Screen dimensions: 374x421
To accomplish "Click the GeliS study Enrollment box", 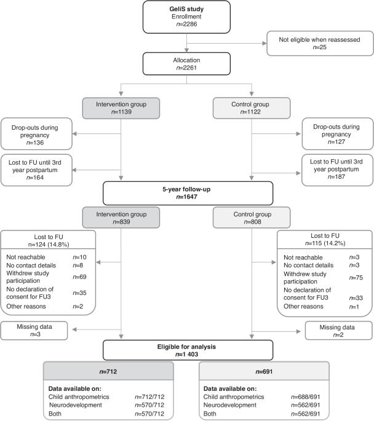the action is [x=186, y=17].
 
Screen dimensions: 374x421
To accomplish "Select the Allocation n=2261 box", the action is [x=186, y=64].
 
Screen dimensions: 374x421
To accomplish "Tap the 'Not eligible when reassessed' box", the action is [x=320, y=43].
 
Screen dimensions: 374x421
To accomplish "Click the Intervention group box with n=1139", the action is [x=121, y=108].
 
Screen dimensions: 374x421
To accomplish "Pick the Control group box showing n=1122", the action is [x=252, y=108].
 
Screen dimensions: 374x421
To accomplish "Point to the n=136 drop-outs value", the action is [x=35, y=143].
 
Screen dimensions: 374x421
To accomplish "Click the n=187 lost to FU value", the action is [x=336, y=176].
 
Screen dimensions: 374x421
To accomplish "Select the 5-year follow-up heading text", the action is [x=186, y=189].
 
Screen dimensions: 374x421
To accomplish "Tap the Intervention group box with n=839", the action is [x=121, y=218].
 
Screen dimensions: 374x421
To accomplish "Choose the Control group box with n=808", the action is [x=252, y=218].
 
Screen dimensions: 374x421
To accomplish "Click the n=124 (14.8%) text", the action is [x=49, y=245].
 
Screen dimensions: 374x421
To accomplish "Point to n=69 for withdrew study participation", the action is [x=79, y=277].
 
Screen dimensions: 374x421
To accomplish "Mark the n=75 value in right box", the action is [x=356, y=278].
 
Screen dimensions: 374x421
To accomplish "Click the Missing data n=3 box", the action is [x=34, y=331].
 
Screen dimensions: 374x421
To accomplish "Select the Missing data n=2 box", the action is [x=339, y=331].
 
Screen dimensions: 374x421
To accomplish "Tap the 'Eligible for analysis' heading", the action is [x=186, y=347].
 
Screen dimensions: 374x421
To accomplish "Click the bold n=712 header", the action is [x=108, y=372].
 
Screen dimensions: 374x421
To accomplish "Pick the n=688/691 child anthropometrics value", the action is [x=306, y=397].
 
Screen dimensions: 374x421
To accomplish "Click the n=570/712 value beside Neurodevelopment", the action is [x=149, y=405].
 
